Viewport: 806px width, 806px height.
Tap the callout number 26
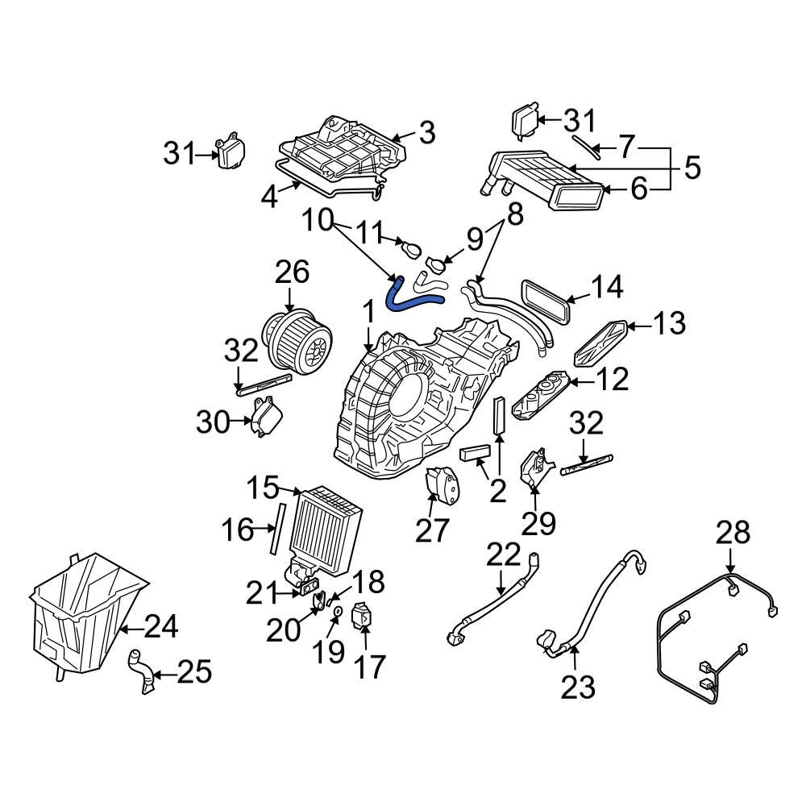[x=292, y=273]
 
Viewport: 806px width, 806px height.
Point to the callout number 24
[x=161, y=625]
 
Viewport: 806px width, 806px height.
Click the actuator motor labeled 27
[x=441, y=487]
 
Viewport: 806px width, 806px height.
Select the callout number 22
[x=505, y=555]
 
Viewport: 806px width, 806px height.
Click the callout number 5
[x=691, y=168]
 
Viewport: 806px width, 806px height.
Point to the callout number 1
[x=368, y=312]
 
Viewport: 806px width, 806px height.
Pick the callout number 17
[x=367, y=666]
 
